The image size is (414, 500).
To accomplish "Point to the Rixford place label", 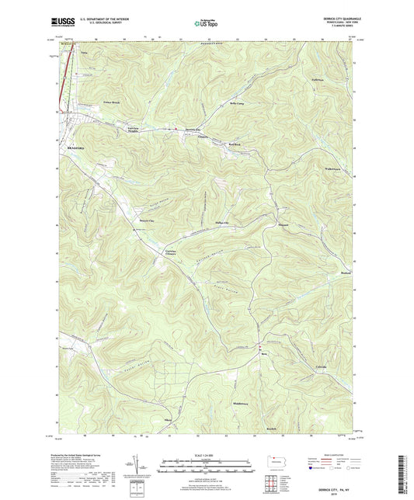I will [346, 273].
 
